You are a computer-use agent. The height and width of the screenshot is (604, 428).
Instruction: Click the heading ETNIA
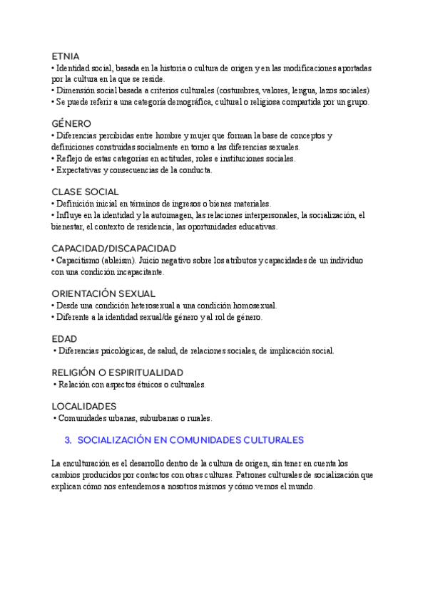(x=66, y=56)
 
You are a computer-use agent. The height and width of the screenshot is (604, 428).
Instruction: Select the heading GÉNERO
(x=71, y=123)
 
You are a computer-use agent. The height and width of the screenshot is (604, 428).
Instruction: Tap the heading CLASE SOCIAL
(x=86, y=192)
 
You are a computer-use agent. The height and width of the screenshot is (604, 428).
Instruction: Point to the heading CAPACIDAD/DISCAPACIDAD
(x=114, y=248)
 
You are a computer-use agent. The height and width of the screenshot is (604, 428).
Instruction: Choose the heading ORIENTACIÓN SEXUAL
(x=103, y=293)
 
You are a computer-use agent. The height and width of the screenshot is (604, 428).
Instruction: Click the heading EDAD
(x=64, y=338)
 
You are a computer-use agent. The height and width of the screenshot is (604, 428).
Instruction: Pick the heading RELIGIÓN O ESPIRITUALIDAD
(x=118, y=373)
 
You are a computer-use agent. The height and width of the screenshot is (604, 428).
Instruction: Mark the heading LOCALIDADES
(x=84, y=406)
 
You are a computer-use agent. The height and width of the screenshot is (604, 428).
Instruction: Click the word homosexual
(x=253, y=306)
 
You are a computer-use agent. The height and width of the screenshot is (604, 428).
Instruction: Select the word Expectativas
(x=81, y=170)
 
